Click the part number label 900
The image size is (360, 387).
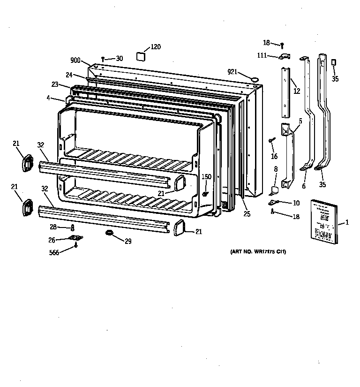pyautogui.click(x=75, y=60)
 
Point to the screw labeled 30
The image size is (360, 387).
pyautogui.click(x=103, y=60)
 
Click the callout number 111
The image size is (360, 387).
pyautogui.click(x=261, y=55)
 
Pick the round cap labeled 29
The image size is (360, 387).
pyautogui.click(x=110, y=233)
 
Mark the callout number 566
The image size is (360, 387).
pyautogui.click(x=55, y=253)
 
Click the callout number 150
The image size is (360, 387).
pyautogui.click(x=206, y=176)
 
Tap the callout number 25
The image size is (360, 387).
pyautogui.click(x=247, y=214)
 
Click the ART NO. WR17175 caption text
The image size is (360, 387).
pyautogui.click(x=258, y=252)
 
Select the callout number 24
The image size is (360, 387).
pyautogui.click(x=69, y=75)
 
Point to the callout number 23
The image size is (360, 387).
pyautogui.click(x=55, y=84)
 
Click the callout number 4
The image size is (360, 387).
pyautogui.click(x=49, y=98)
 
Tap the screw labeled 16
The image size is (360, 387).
pyautogui.click(x=271, y=140)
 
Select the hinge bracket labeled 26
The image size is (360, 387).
pyautogui.click(x=75, y=239)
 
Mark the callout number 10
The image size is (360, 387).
pyautogui.click(x=296, y=203)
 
